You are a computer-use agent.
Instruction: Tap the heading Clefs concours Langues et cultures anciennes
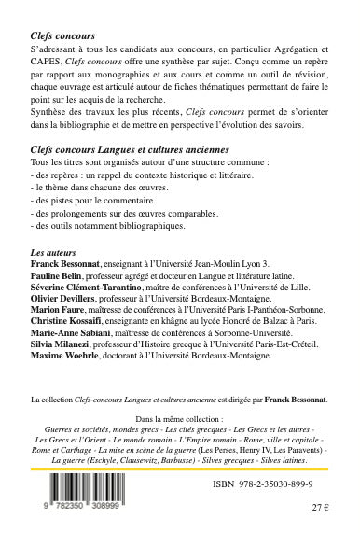[127, 149]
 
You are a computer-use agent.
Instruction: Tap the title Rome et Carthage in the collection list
[68, 449]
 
